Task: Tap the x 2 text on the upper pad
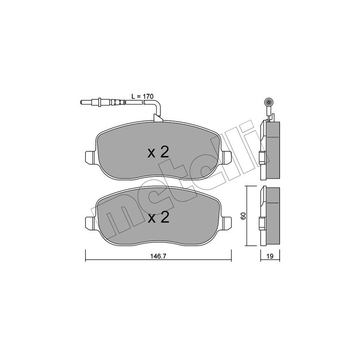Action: (158, 153)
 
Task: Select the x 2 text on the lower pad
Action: (158, 218)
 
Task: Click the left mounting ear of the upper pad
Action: (90, 156)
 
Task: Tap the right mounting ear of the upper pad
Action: (226, 156)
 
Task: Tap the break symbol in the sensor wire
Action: (143, 103)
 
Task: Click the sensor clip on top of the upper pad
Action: (158, 118)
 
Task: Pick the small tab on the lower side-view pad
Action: (261, 222)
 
